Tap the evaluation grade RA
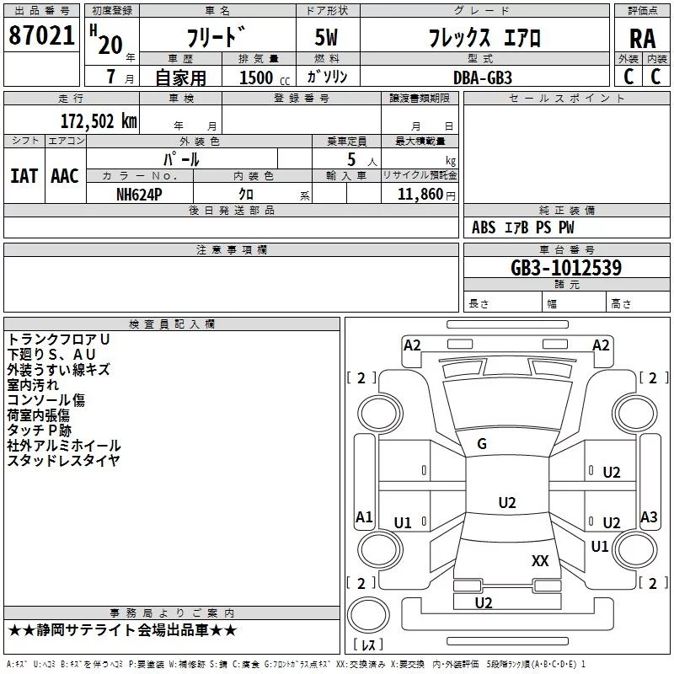click(x=642, y=39)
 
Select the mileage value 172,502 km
click(x=99, y=120)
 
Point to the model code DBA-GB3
click(x=481, y=77)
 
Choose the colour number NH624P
click(x=140, y=194)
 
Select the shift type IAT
click(x=24, y=175)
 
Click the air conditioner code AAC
click(x=64, y=175)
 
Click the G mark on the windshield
click(x=482, y=444)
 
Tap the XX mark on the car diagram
click(x=540, y=560)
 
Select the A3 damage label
click(x=649, y=517)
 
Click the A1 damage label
click(x=364, y=517)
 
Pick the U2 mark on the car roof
click(x=506, y=503)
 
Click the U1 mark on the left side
click(x=403, y=523)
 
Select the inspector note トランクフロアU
click(x=59, y=339)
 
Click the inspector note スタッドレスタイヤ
click(x=64, y=460)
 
